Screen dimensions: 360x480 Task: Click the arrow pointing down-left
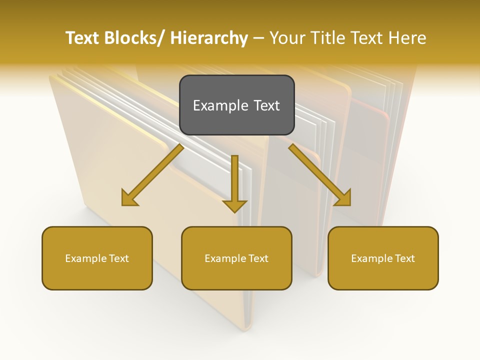(152, 175)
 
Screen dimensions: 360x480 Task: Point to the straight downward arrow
(234, 182)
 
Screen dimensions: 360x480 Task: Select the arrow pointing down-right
(320, 175)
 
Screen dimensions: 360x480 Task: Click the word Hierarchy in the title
(209, 38)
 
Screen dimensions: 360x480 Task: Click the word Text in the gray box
(266, 105)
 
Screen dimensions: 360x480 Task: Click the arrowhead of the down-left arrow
(128, 198)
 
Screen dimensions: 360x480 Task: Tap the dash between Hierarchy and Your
(258, 38)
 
